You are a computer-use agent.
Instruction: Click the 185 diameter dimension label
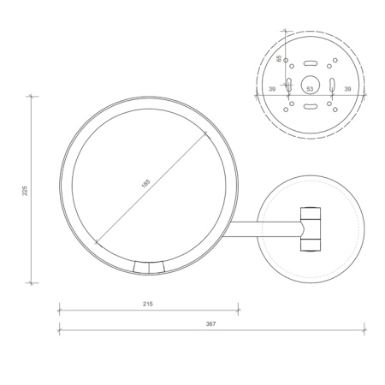point(147,182)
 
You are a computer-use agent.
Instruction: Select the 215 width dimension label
point(148,303)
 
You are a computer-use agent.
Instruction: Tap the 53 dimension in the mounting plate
point(310,87)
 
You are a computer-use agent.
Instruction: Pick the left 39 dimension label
point(273,87)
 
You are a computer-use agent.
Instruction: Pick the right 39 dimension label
point(347,87)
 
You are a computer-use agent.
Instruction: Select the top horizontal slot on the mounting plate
point(310,63)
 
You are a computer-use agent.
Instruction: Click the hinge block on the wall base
point(309,228)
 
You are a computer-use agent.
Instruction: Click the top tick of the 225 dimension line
point(33,97)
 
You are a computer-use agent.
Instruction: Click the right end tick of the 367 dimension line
point(364,329)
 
